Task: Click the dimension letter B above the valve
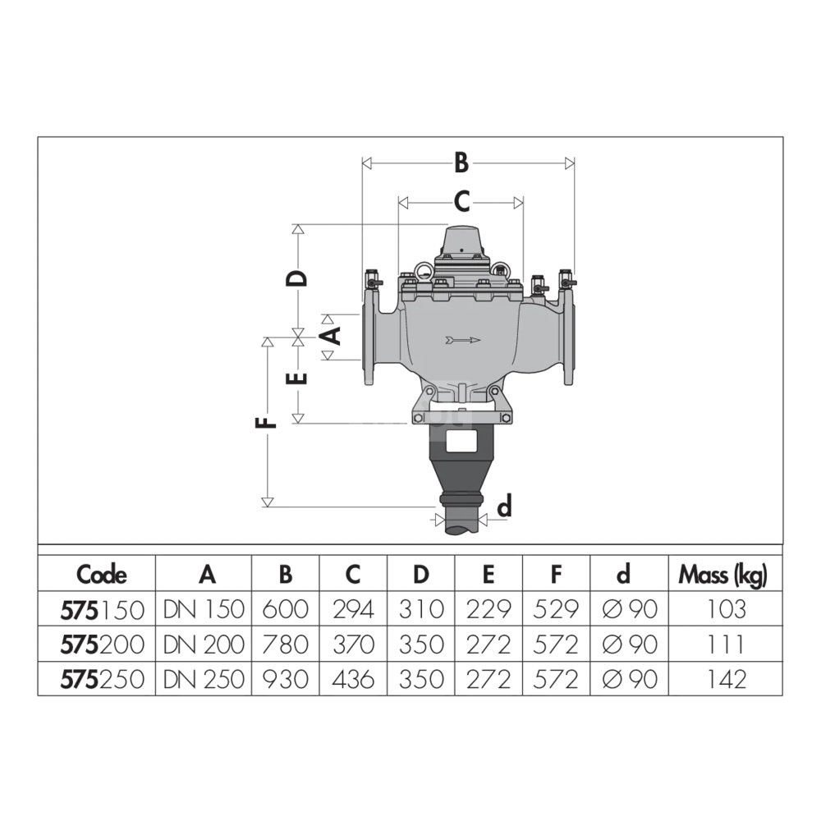point(461,163)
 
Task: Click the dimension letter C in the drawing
point(461,202)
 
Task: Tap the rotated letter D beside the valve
point(296,278)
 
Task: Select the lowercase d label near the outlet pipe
point(504,507)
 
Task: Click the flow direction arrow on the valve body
point(463,341)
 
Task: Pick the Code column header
point(102,575)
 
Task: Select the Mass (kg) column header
point(722,576)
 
